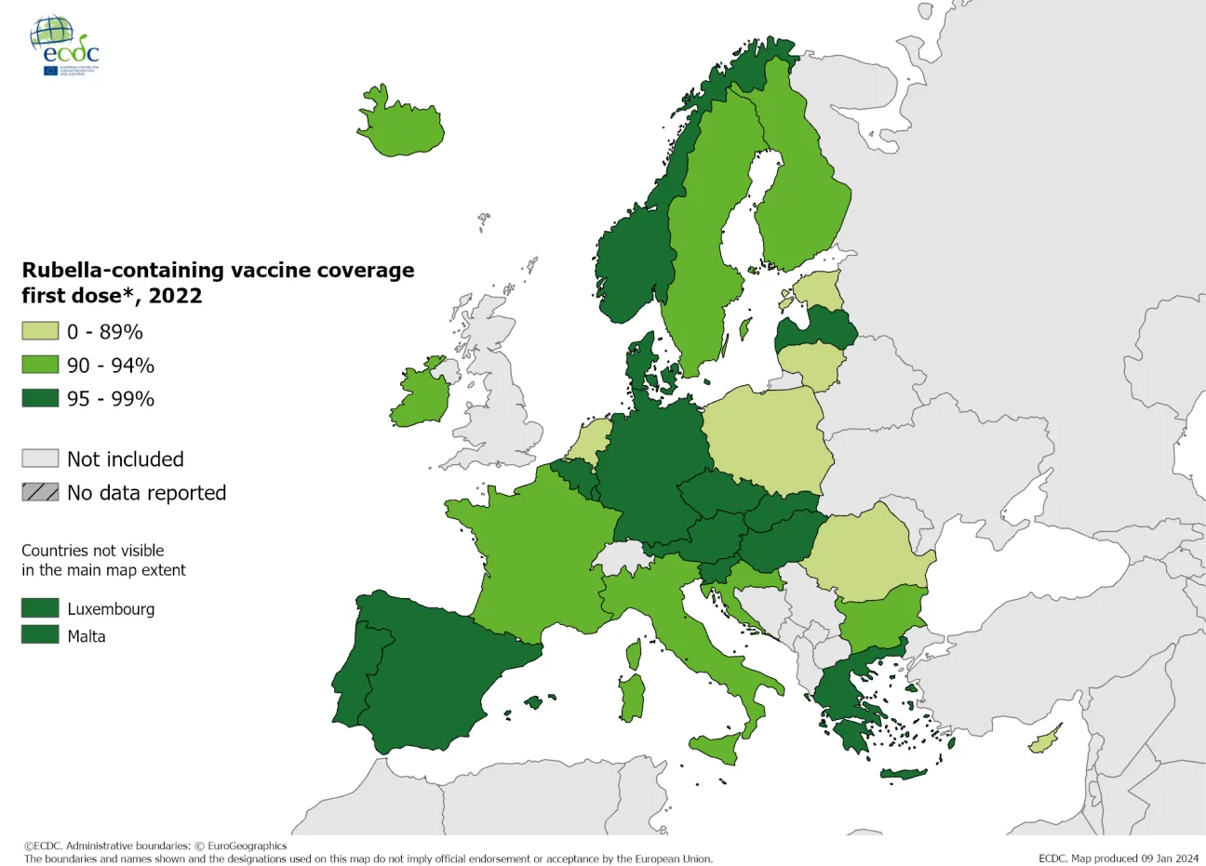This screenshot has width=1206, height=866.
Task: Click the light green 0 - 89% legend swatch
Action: [40, 331]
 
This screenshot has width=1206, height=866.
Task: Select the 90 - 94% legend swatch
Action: [40, 365]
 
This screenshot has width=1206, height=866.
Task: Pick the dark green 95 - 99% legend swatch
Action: [40, 398]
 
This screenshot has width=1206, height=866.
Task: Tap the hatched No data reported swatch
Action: [40, 492]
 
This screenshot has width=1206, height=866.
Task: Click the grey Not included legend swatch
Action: [40, 459]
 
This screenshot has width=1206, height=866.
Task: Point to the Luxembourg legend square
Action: [40, 608]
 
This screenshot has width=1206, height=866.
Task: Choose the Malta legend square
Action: [40, 635]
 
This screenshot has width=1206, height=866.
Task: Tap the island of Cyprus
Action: [1045, 741]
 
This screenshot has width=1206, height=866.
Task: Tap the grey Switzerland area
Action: [622, 558]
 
